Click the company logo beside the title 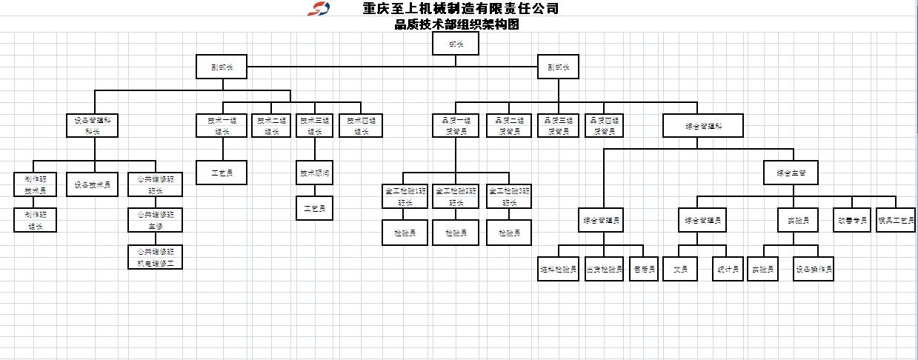pos(320,10)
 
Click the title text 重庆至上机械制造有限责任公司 pos(459,9)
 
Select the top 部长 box pos(456,44)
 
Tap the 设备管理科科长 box pos(93,125)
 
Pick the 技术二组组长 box pos(270,125)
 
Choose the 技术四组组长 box pos(361,125)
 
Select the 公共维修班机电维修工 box pos(155,256)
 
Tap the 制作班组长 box pos(34,220)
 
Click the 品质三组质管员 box pos(559,125)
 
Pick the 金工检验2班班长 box pos(455,196)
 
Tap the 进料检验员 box pos(558,269)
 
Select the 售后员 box pos(642,269)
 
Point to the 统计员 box pos(727,269)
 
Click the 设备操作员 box pos(814,269)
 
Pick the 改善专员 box pos(851,220)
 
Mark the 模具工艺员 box pos(896,220)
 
